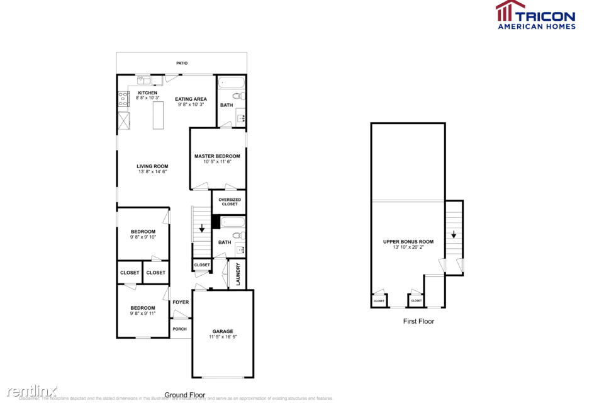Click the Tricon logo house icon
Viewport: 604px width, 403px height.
[510, 11]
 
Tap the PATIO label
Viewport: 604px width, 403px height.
[182, 63]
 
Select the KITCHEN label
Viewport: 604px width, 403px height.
[148, 93]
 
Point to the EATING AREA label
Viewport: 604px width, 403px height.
[191, 99]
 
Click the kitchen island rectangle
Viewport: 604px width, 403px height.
[158, 115]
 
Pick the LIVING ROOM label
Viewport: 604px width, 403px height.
[152, 166]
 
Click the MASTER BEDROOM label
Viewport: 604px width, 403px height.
[217, 156]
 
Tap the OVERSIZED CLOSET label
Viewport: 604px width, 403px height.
[229, 201]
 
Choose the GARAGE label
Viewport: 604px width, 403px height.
[223, 331]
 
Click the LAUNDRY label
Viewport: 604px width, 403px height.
[238, 275]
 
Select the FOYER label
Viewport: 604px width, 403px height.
[181, 302]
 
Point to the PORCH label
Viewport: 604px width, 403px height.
[179, 329]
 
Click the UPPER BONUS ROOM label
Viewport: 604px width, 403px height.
[408, 241]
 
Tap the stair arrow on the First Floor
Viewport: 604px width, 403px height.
[454, 235]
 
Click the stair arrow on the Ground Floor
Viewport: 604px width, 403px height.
[202, 229]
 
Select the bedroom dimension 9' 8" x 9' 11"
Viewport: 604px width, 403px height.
[143, 314]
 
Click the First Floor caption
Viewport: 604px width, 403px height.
[418, 321]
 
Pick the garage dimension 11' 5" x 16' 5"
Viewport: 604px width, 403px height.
[223, 337]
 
